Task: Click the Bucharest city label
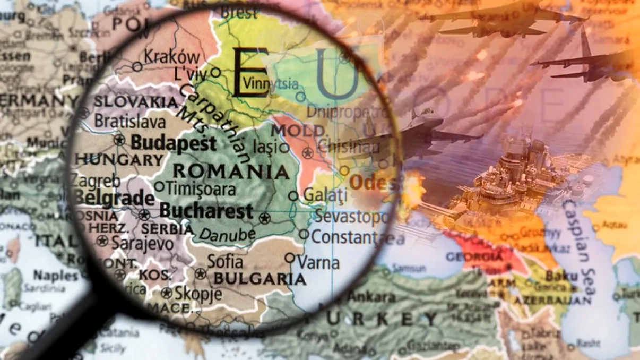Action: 206,211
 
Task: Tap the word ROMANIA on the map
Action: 231,172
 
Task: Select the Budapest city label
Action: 174,143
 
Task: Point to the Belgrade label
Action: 114,198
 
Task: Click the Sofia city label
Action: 225,261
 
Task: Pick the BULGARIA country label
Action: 260,279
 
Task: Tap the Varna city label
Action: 318,262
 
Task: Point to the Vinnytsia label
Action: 270,83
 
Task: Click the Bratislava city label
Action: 129,122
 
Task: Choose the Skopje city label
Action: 198,293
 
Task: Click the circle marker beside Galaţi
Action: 293,196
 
